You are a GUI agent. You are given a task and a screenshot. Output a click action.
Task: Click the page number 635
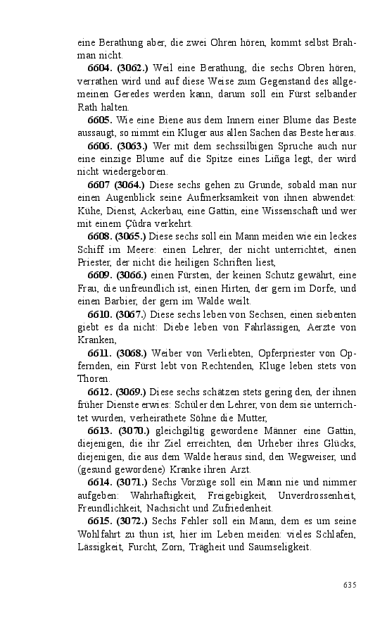350,584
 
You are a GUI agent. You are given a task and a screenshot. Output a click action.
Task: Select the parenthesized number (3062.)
132,68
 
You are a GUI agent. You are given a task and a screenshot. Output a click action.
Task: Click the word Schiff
90,250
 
